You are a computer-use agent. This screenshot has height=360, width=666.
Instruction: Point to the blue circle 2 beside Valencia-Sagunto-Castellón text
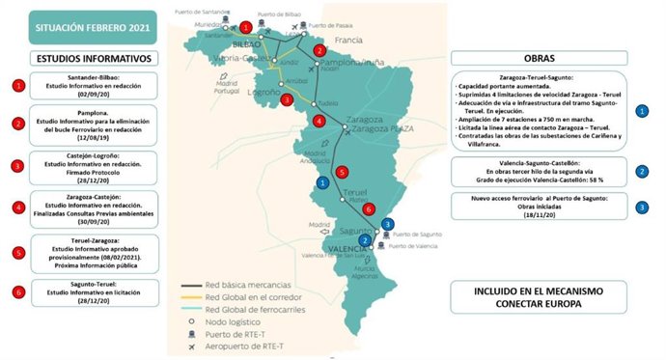tap(642, 171)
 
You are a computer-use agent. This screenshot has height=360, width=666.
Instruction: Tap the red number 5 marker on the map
tap(341, 173)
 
